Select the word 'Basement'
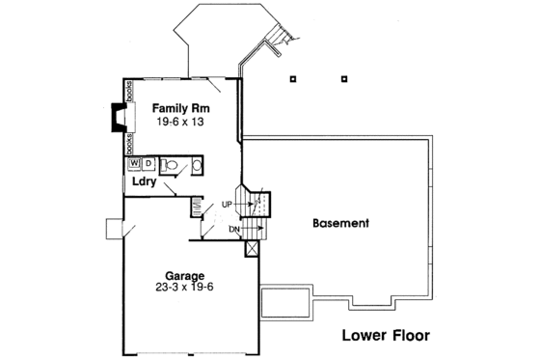pyautogui.click(x=340, y=223)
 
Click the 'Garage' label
pyautogui.click(x=185, y=275)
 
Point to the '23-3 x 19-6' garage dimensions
pyautogui.click(x=185, y=288)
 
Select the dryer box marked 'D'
pyautogui.click(x=148, y=164)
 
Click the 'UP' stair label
pyautogui.click(x=227, y=205)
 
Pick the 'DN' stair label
pyautogui.click(x=234, y=229)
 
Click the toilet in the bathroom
pyautogui.click(x=173, y=165)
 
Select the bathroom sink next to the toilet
pyautogui.click(x=196, y=165)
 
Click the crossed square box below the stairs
pyautogui.click(x=254, y=248)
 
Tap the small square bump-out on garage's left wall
pyautogui.click(x=114, y=229)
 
